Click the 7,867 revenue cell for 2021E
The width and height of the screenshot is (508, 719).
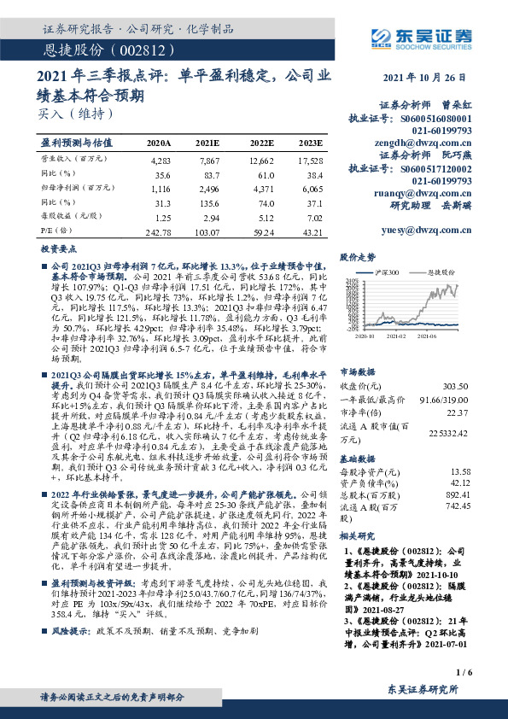[208, 160]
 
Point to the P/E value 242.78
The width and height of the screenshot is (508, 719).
[159, 232]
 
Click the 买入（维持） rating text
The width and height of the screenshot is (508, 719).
[78, 112]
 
